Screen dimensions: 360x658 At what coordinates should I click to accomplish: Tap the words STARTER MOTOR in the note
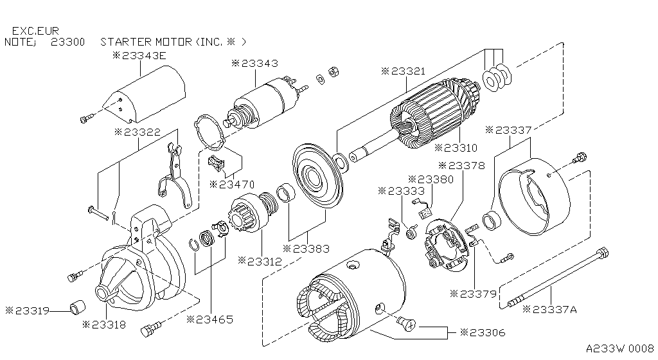(147, 42)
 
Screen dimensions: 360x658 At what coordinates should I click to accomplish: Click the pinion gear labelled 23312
(247, 219)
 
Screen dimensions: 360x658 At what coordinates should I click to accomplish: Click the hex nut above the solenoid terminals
(333, 71)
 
